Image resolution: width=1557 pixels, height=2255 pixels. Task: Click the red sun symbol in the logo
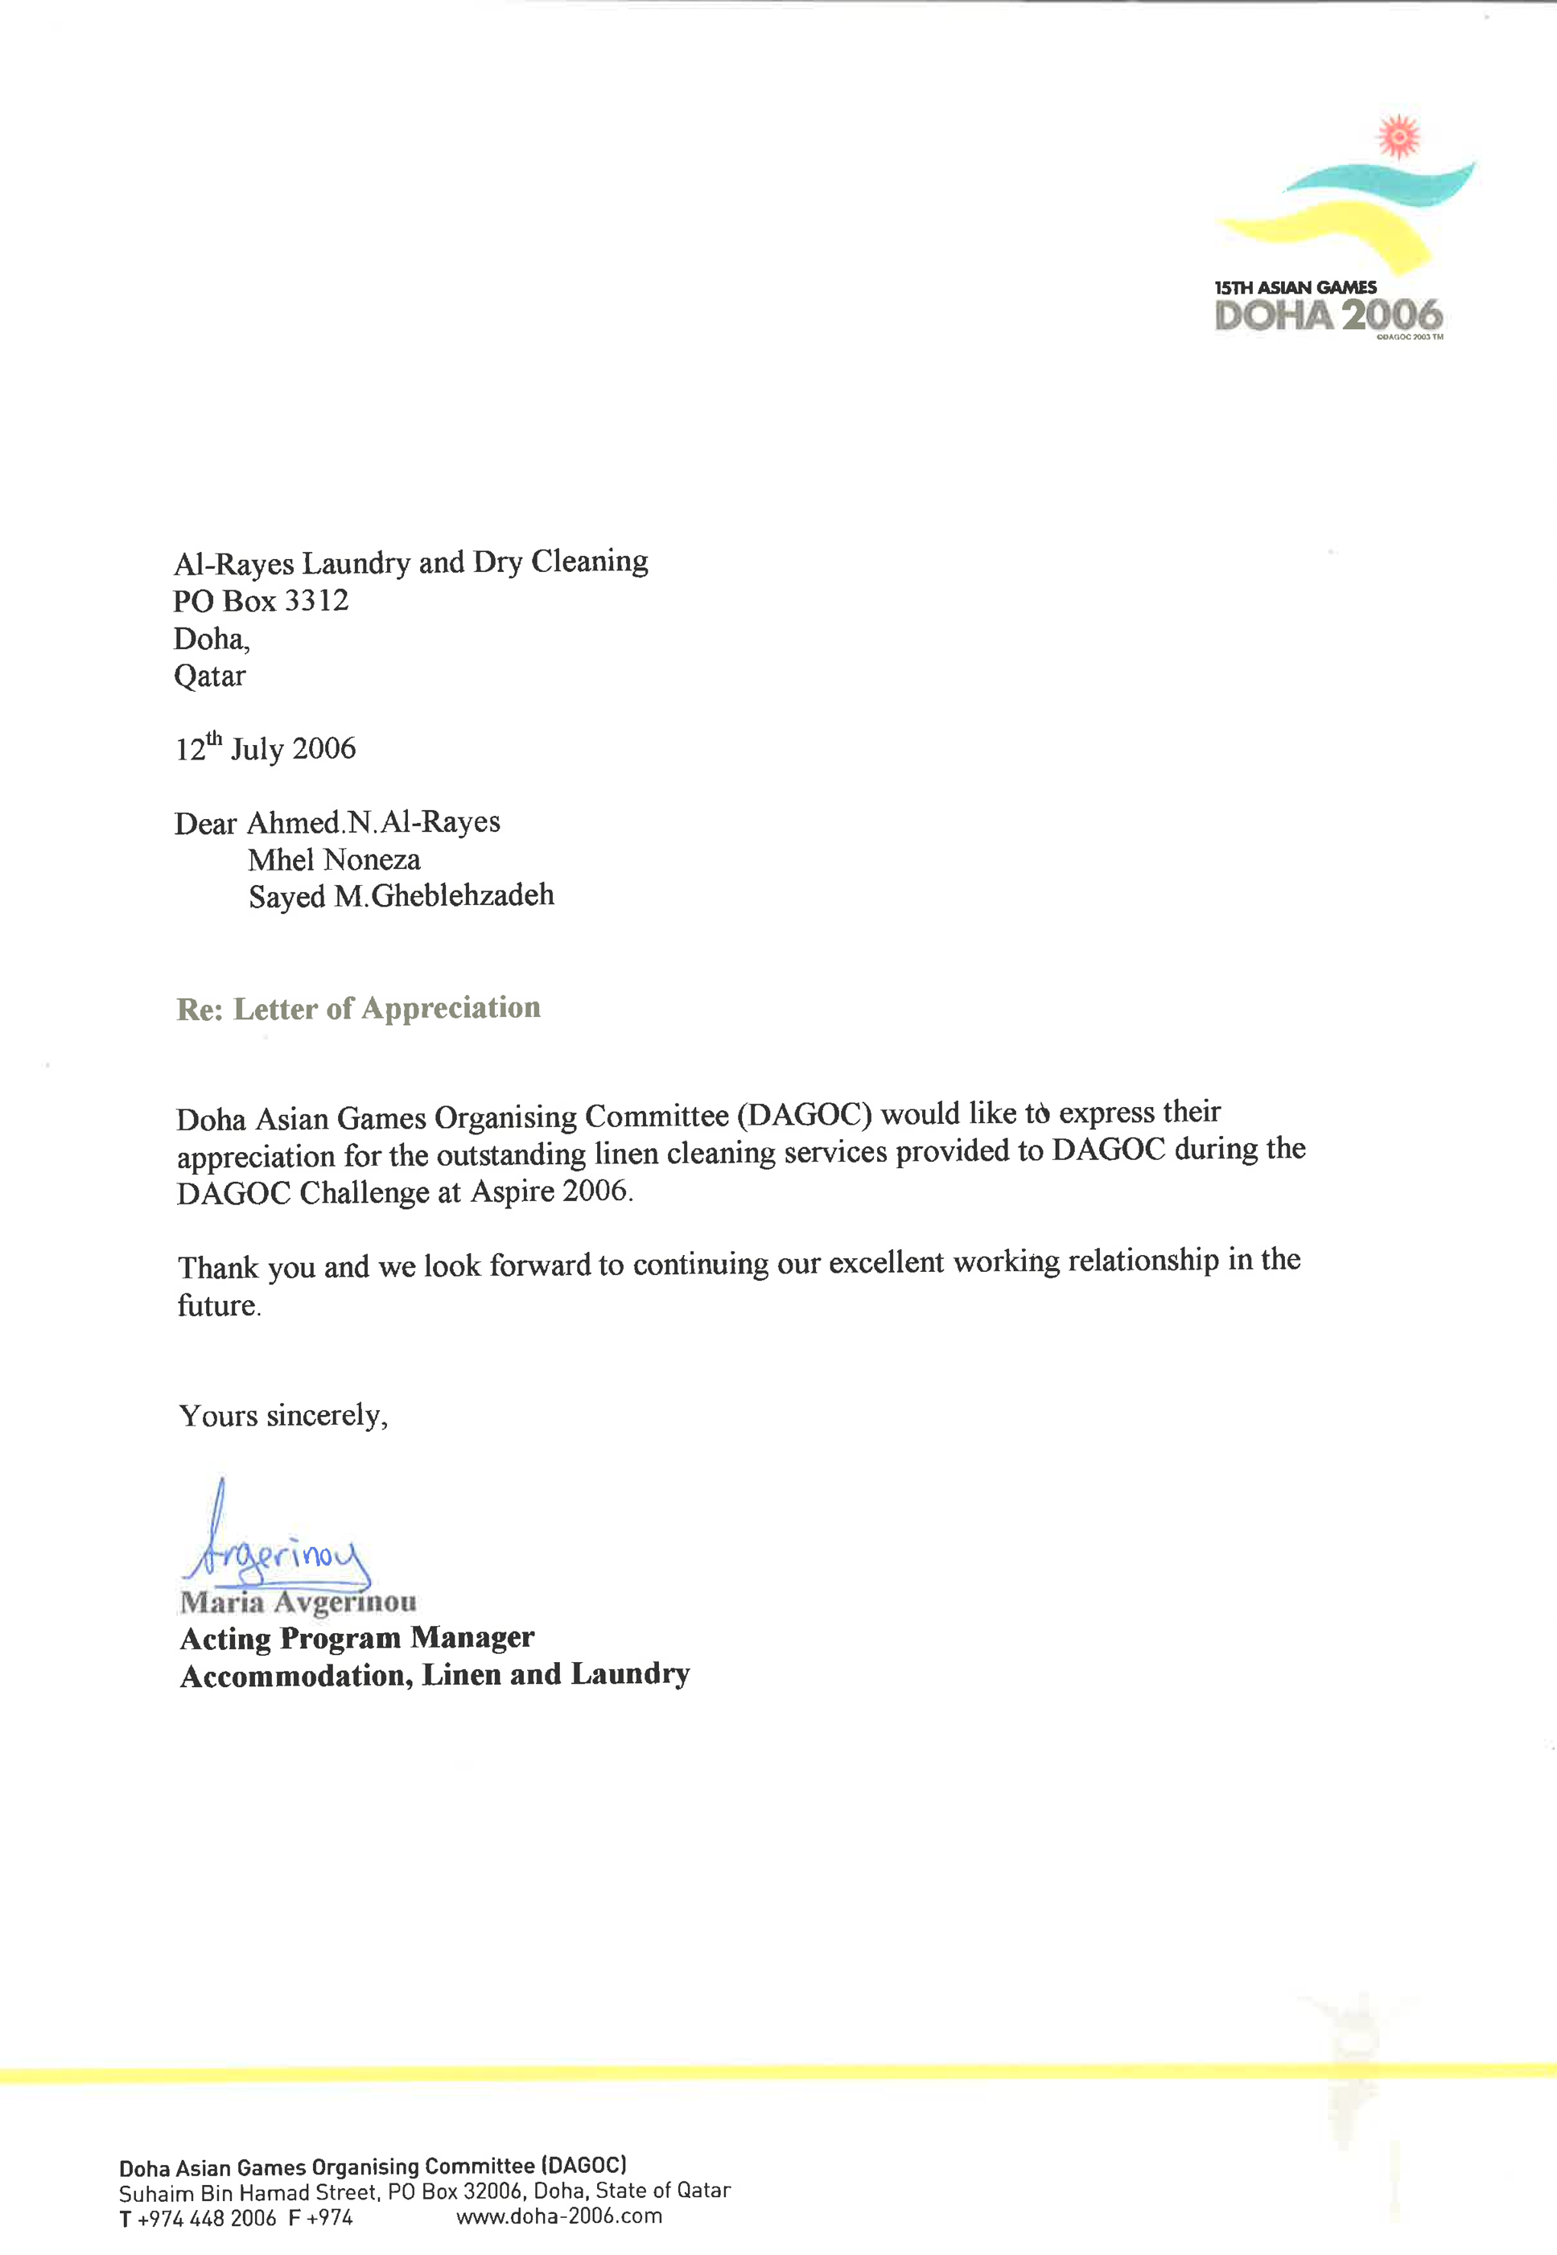coord(1398,138)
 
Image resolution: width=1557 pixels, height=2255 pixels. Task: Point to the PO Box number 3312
coord(316,601)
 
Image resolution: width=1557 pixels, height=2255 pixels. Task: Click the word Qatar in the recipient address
coord(210,676)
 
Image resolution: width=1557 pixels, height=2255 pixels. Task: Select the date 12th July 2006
coord(266,748)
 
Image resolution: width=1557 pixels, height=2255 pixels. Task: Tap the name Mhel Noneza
coord(334,860)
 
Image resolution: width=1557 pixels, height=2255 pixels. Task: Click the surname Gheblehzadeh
coord(463,895)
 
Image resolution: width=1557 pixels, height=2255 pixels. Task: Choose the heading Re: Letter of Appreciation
coord(358,1009)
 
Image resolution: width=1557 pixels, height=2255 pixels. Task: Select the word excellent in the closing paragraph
coord(886,1263)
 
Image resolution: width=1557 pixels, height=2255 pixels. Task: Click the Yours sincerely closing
coord(283,1415)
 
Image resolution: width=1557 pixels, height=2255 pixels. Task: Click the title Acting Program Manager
coord(357,1638)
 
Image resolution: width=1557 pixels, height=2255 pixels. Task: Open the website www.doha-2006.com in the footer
coord(559,2216)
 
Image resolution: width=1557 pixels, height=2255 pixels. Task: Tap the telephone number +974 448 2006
coord(207,2218)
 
